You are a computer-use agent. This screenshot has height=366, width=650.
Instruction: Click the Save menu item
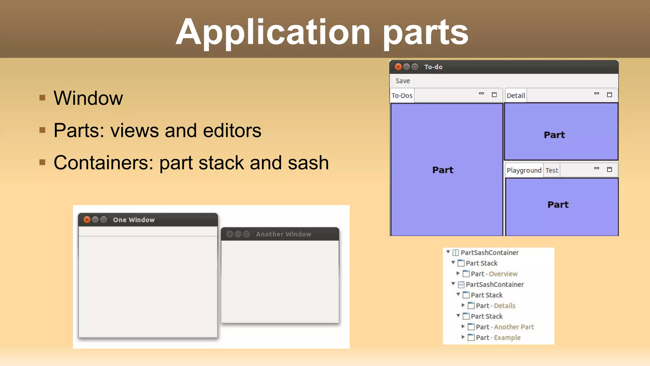pyautogui.click(x=402, y=81)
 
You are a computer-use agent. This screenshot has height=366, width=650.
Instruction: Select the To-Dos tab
pyautogui.click(x=402, y=96)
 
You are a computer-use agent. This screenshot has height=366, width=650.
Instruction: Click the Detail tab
pyautogui.click(x=516, y=96)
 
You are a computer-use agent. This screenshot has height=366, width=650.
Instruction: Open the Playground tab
pyautogui.click(x=524, y=170)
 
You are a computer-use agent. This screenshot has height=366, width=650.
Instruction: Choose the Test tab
pyautogui.click(x=552, y=170)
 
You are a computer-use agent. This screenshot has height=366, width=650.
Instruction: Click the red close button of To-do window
pyautogui.click(x=398, y=67)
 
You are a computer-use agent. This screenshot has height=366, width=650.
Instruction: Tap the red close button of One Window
pyautogui.click(x=87, y=220)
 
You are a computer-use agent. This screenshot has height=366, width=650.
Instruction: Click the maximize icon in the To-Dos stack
pyautogui.click(x=494, y=95)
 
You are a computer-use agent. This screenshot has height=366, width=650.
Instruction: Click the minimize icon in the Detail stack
pyautogui.click(x=596, y=94)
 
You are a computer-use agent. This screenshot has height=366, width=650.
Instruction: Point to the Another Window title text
pyautogui.click(x=283, y=234)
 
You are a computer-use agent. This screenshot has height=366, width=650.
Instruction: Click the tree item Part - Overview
pyautogui.click(x=494, y=274)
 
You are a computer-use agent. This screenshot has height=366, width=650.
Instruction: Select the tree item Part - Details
pyautogui.click(x=495, y=306)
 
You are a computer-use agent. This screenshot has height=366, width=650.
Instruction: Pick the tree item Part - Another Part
pyautogui.click(x=505, y=327)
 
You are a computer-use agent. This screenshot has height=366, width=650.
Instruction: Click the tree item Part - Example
pyautogui.click(x=498, y=337)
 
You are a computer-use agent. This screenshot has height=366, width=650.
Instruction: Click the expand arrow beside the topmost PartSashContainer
pyautogui.click(x=448, y=252)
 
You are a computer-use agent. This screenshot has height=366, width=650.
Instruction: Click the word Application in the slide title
pyautogui.click(x=273, y=32)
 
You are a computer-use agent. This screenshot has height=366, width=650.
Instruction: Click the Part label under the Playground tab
pyautogui.click(x=558, y=205)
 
